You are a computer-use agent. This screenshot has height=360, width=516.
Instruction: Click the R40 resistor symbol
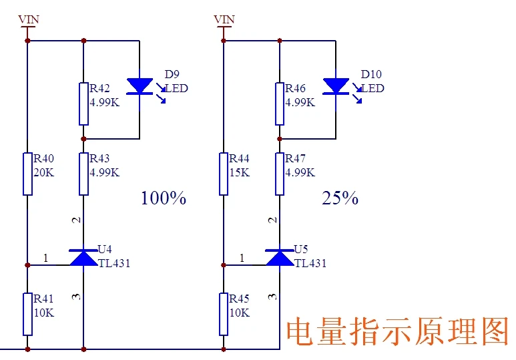tap(27, 174)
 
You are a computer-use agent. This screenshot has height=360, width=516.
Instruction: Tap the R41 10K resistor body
tap(27, 314)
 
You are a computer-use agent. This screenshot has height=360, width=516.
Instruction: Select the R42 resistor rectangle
tap(83, 104)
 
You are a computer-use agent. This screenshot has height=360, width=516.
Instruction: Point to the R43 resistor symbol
tap(83, 174)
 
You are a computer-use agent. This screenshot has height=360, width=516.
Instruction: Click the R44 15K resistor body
tap(224, 174)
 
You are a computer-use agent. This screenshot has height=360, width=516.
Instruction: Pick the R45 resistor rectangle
tap(224, 314)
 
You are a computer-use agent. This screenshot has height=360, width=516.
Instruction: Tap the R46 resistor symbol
tap(280, 104)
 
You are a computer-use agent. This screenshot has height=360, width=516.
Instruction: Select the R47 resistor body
tap(280, 174)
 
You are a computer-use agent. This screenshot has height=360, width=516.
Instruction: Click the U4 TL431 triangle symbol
tap(83, 258)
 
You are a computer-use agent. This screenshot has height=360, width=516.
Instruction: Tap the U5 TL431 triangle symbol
tap(280, 258)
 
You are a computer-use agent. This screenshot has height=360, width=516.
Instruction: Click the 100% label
tap(164, 198)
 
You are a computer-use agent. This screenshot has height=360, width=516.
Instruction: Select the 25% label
tap(340, 198)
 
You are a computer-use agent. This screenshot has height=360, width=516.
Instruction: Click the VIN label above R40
tap(29, 19)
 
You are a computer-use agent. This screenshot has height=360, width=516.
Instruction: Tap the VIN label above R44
tap(224, 19)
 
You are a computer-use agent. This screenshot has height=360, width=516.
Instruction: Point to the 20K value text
tap(44, 172)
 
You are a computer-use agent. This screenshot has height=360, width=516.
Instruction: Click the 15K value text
tap(240, 172)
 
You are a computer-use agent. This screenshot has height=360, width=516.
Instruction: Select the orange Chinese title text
tap(398, 331)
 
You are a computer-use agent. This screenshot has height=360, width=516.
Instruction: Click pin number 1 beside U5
tap(242, 258)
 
